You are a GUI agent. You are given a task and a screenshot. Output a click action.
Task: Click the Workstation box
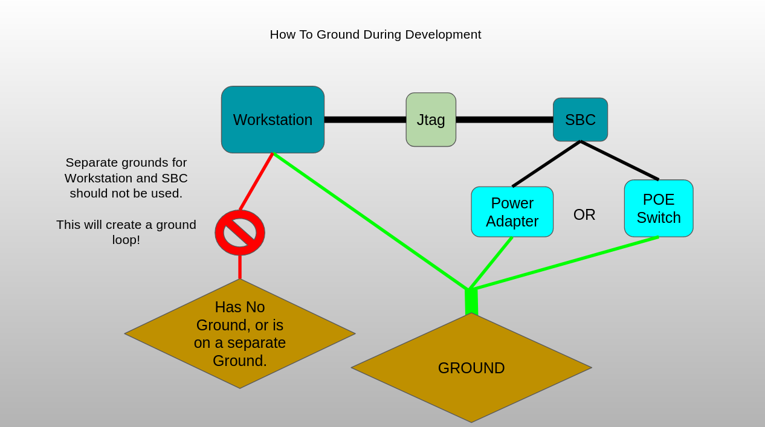[x=273, y=120]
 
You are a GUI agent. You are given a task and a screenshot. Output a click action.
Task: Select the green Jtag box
[x=431, y=120]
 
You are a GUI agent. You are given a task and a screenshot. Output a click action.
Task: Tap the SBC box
[x=580, y=120]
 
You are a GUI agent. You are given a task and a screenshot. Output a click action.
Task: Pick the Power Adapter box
[x=512, y=211]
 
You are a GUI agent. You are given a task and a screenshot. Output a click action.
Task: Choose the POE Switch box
[x=659, y=208]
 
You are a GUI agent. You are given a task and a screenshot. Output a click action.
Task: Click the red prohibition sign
[x=240, y=233]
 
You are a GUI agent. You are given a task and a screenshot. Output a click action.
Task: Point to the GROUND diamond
[x=471, y=368]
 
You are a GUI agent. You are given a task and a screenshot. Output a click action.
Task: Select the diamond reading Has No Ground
[x=240, y=333]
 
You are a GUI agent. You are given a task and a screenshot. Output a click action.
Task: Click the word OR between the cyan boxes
[x=584, y=214]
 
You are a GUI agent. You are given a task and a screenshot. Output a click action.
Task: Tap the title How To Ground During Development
[x=375, y=34]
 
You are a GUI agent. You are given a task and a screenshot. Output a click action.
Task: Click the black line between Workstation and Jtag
[x=365, y=120]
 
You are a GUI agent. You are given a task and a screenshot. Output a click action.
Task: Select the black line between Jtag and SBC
[x=505, y=120]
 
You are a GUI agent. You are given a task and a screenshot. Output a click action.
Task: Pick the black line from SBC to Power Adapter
[x=546, y=164]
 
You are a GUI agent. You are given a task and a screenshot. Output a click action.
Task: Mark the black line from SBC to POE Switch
[x=619, y=161]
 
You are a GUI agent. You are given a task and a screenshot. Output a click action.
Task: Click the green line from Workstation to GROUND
[x=370, y=221]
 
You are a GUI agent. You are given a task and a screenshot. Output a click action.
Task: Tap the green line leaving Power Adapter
[x=491, y=263]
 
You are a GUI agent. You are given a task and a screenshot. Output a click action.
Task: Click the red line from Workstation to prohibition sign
[x=256, y=182]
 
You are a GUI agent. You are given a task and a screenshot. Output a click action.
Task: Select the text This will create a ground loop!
[x=126, y=232]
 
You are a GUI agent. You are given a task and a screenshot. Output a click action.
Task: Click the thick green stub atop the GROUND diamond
[x=471, y=301]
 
